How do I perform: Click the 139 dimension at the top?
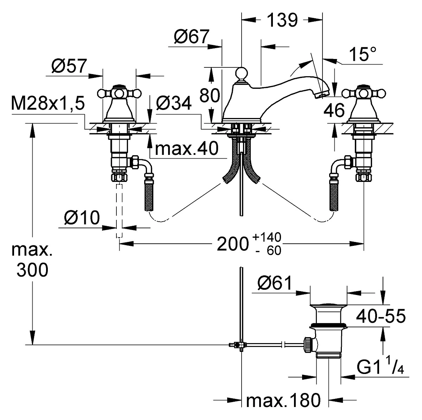click(x=282, y=20)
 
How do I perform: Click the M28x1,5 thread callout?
click(x=48, y=103)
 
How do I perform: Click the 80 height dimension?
click(x=210, y=96)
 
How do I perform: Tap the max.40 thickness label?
click(x=187, y=148)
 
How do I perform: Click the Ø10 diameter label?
click(x=82, y=217)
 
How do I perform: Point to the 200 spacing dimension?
click(x=233, y=244)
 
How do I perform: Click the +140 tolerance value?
click(x=267, y=237)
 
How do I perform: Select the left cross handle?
click(x=119, y=93)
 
